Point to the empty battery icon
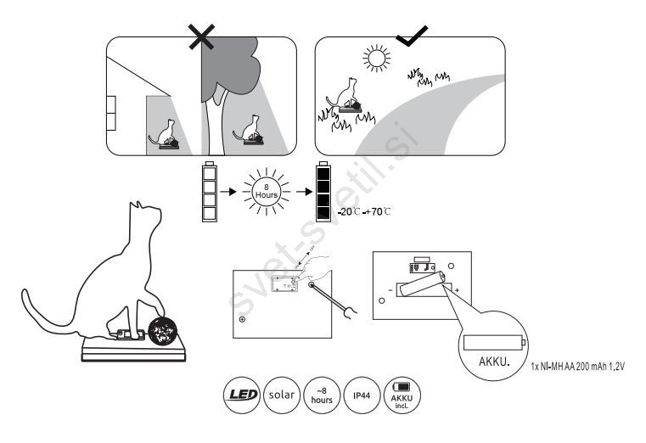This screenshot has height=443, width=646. click(x=210, y=193)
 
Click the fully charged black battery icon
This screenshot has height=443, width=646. click(x=322, y=193)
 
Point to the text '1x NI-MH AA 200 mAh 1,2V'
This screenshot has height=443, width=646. click(x=585, y=367)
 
